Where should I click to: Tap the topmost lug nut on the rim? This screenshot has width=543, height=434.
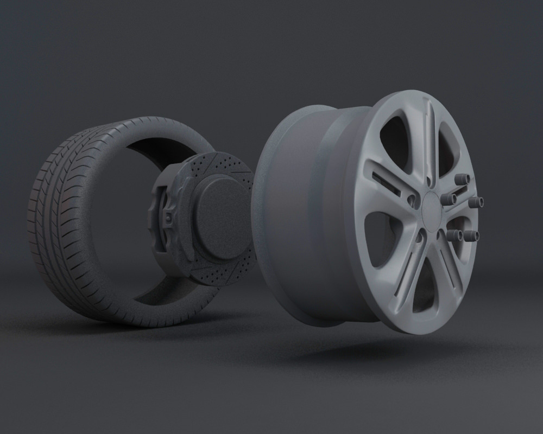pyautogui.click(x=463, y=179)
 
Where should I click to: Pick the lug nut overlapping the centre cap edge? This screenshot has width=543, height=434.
pyautogui.click(x=449, y=199)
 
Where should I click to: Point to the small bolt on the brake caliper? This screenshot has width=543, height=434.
pyautogui.click(x=169, y=218)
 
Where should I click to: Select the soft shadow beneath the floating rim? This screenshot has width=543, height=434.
pyautogui.click(x=375, y=347)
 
